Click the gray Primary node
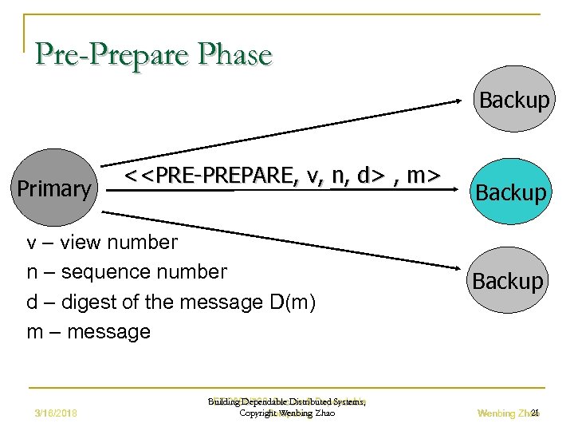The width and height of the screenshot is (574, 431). pos(54,188)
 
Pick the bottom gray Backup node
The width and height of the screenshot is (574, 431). pos(508,281)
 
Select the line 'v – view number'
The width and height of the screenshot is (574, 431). pos(103,241)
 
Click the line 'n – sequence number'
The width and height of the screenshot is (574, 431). pos(127,271)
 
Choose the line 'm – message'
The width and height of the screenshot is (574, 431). pos(88,331)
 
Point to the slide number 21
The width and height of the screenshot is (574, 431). pos(535,413)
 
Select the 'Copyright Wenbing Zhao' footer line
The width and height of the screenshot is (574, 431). pos(287,413)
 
